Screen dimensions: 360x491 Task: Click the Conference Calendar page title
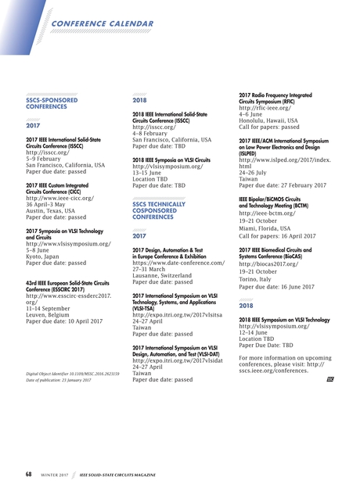click(102, 25)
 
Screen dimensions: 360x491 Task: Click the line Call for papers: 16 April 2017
click(277, 235)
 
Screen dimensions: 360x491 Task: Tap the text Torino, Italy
click(259, 279)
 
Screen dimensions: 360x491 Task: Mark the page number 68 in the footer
click(28, 475)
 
